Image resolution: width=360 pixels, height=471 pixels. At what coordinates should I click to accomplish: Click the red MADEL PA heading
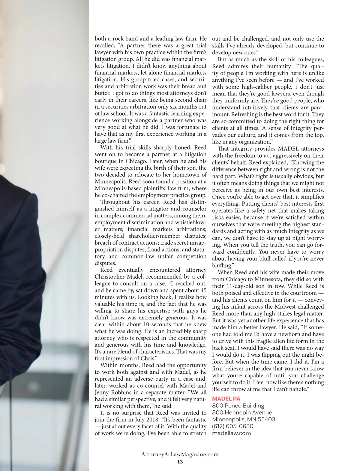(x=226, y=399)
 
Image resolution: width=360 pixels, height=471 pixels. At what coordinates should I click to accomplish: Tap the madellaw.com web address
(x=231, y=433)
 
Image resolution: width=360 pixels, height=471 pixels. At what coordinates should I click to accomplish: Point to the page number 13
(x=180, y=462)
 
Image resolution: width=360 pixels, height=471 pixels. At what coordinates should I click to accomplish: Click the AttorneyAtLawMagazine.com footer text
(x=180, y=454)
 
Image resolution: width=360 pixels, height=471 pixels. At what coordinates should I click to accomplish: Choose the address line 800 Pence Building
(x=238, y=406)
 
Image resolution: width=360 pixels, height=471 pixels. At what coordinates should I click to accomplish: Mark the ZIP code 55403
(x=266, y=419)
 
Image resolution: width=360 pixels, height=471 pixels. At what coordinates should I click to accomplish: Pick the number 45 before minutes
(x=203, y=290)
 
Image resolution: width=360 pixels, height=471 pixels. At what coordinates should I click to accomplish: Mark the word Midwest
(x=288, y=307)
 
